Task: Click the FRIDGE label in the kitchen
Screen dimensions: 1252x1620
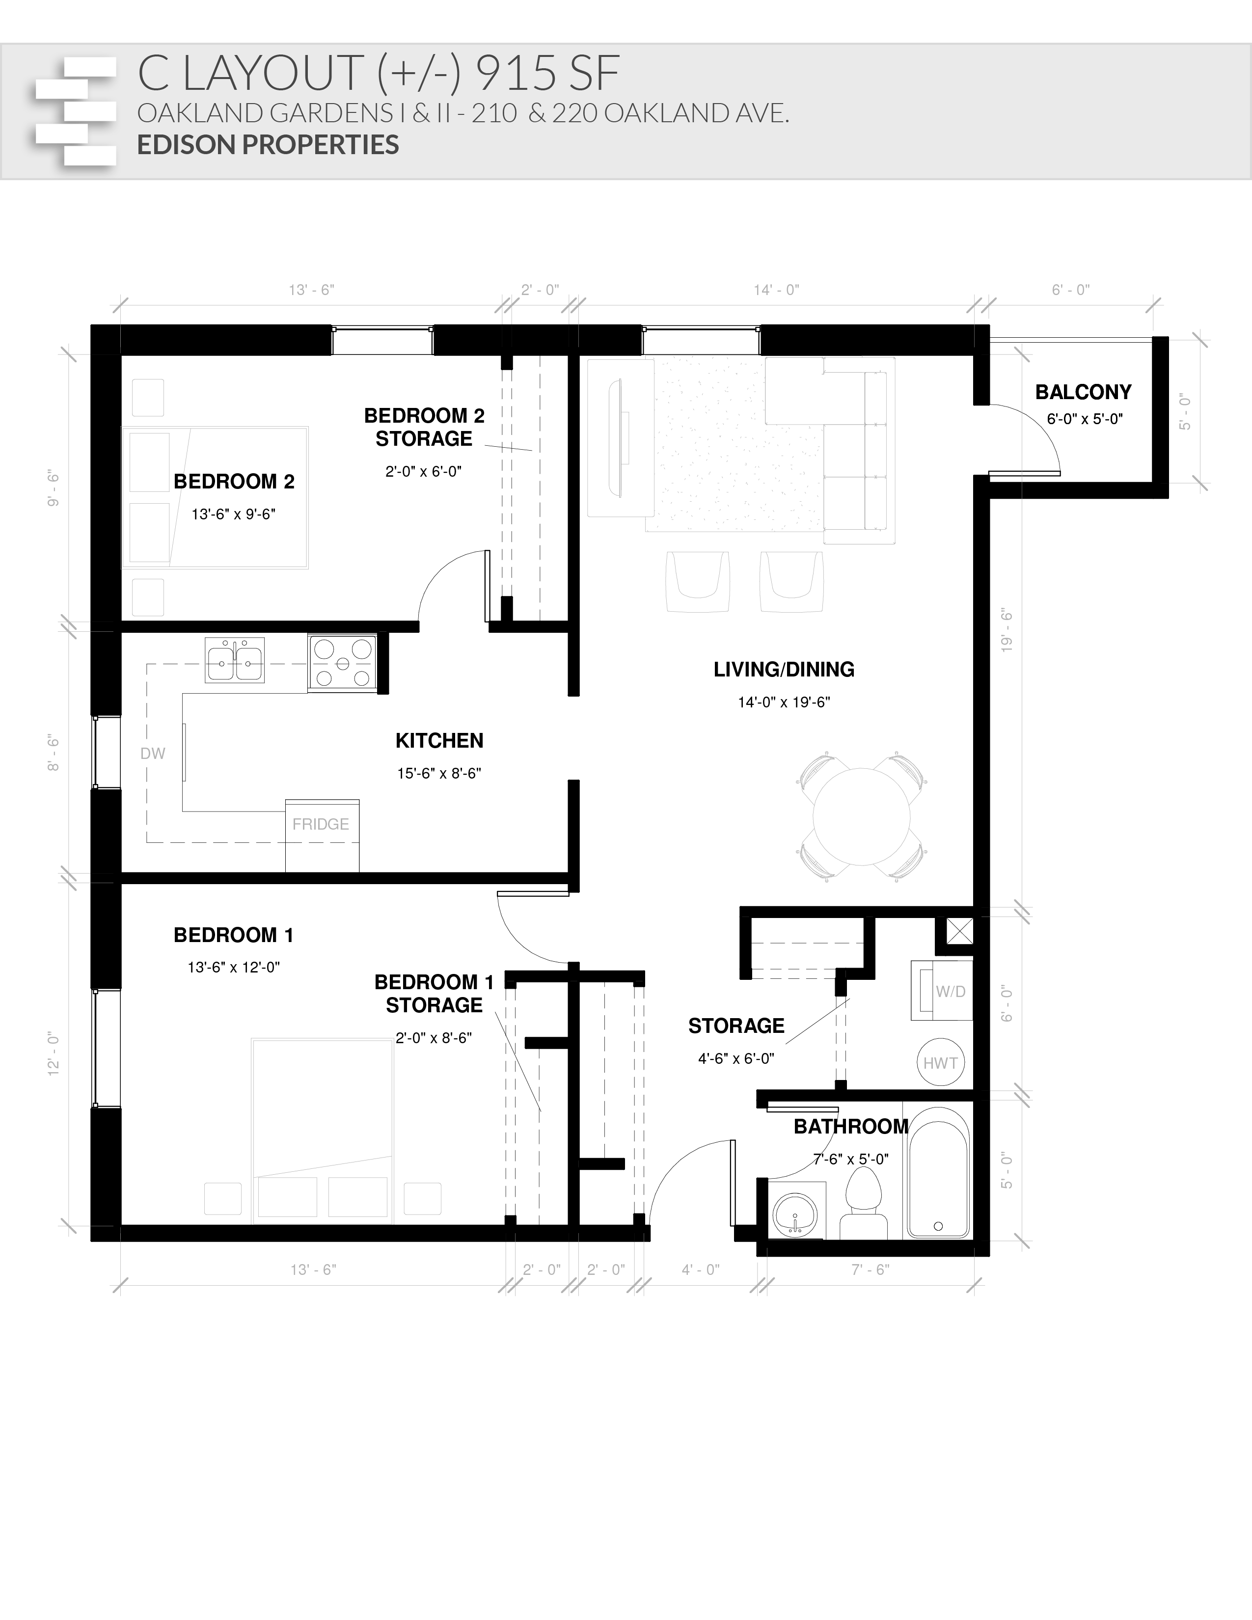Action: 321,824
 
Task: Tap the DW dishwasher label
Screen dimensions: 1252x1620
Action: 153,754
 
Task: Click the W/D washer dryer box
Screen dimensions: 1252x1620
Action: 942,991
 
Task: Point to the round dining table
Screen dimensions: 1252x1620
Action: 861,816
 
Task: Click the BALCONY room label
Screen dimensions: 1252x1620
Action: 1084,392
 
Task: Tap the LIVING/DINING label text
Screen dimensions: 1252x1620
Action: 784,670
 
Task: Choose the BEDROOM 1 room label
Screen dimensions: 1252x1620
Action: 234,935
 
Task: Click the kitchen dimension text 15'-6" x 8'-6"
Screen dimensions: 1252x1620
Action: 439,774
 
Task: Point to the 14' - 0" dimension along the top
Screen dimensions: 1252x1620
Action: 777,290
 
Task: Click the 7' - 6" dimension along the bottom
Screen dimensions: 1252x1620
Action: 870,1270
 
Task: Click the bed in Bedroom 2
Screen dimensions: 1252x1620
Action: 215,497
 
